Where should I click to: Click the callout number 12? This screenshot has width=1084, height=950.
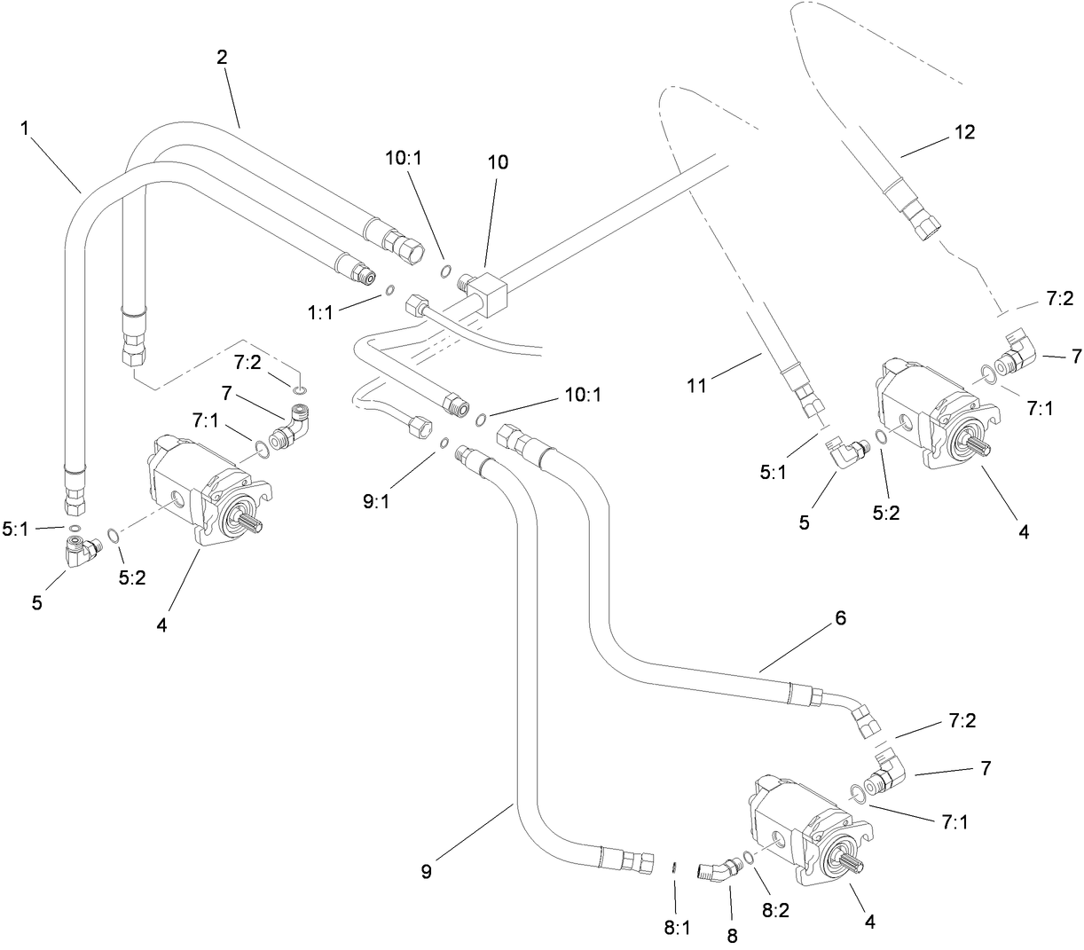(x=964, y=131)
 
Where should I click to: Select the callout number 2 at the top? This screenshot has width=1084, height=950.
(x=222, y=58)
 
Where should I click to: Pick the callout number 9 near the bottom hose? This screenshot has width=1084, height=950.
(x=426, y=871)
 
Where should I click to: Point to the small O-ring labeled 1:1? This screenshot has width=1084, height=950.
(x=390, y=288)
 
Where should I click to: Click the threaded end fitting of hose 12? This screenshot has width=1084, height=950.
(x=916, y=220)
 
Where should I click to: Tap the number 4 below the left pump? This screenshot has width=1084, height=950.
(x=161, y=625)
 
